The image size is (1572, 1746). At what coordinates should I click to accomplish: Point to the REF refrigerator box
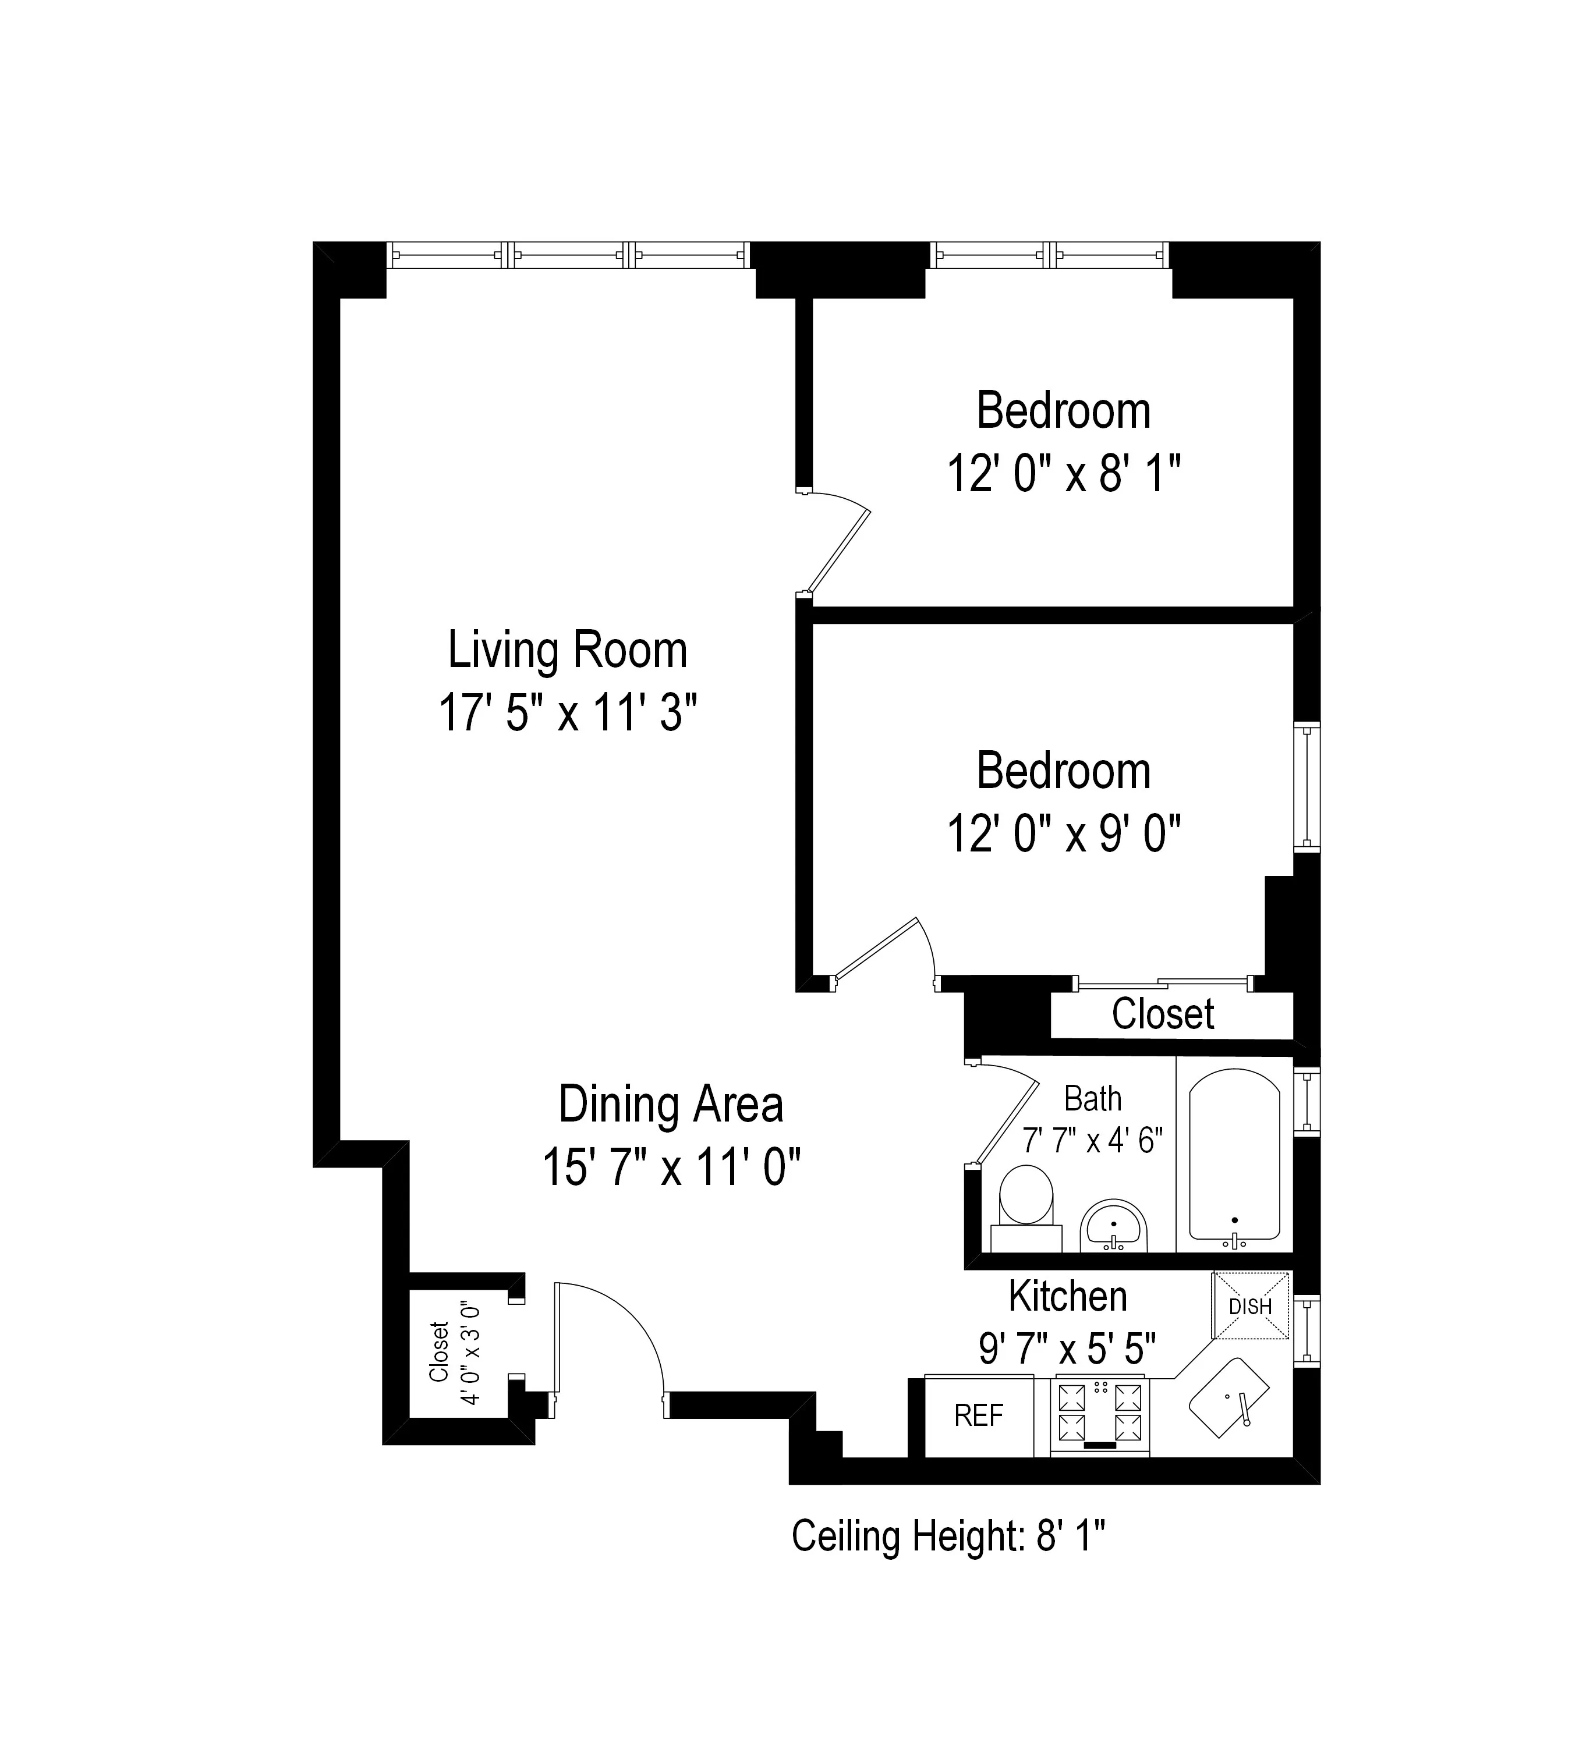[979, 1415]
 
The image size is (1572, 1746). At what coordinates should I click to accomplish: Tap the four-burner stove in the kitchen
[1100, 1412]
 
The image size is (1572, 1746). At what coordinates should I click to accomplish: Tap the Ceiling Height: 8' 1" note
[948, 1536]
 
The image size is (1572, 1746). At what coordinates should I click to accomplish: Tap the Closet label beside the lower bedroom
[1163, 1014]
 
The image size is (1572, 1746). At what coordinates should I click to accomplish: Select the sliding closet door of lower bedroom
[1163, 982]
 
